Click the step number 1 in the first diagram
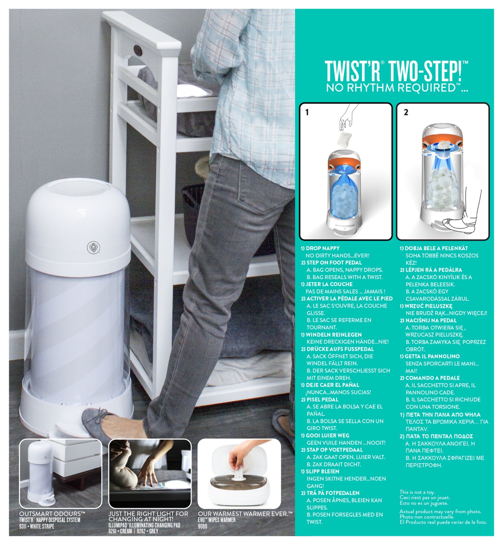point(307,112)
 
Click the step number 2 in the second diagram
point(406,112)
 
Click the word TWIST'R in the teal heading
point(352,71)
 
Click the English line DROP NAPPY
point(323,248)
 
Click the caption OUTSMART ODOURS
point(52,514)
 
